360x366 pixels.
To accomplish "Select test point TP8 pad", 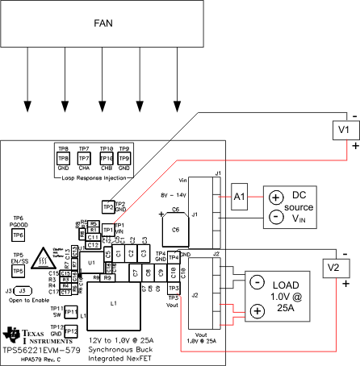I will [63, 159].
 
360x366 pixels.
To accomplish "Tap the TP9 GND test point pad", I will [124, 159].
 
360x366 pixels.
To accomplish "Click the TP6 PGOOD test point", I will [18, 234].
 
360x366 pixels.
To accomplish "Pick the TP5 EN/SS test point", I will [18, 270].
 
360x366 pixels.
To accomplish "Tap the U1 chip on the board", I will [91, 262].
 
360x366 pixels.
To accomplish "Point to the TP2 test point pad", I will [108, 208].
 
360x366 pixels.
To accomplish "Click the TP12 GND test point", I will [70, 331].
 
